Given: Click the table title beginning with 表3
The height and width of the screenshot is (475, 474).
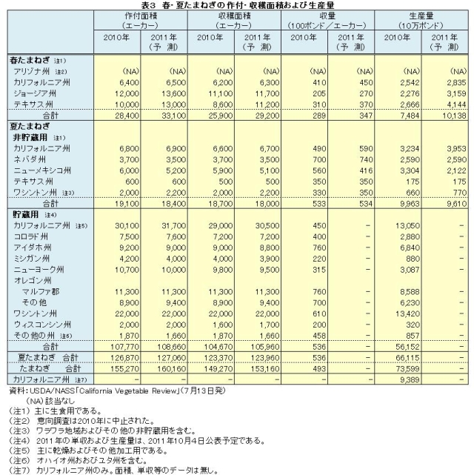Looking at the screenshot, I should [237, 5].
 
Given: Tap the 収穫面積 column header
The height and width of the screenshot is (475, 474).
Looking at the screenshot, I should [236, 15].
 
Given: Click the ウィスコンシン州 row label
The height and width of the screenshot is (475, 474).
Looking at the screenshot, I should [43, 325].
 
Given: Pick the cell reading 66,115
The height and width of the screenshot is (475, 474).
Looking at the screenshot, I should [401, 357].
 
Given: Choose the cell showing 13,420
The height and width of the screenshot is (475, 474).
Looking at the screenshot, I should [401, 313].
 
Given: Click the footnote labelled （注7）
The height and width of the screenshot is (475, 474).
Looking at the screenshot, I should [111, 469].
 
